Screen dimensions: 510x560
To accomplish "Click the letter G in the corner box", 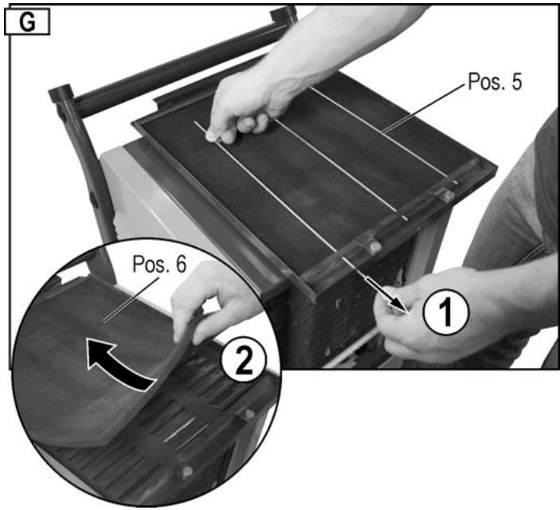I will [26, 22].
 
